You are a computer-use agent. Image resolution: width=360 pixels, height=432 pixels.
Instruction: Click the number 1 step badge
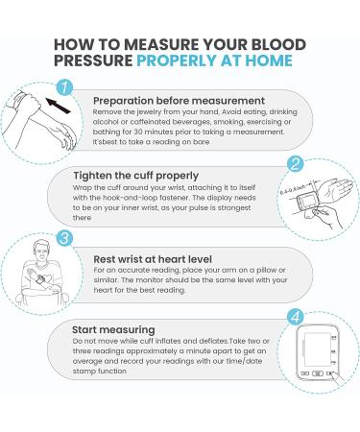pyautogui.click(x=64, y=87)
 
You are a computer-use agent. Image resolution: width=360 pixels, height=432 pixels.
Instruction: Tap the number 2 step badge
pyautogui.click(x=295, y=164)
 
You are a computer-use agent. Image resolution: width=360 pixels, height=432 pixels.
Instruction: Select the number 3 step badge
pyautogui.click(x=64, y=238)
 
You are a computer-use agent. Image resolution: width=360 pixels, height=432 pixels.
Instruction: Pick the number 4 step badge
pyautogui.click(x=295, y=317)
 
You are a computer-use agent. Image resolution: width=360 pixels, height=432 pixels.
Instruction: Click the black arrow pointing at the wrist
pyautogui.click(x=58, y=106)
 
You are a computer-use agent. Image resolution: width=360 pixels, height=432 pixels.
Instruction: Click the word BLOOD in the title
pyautogui.click(x=278, y=44)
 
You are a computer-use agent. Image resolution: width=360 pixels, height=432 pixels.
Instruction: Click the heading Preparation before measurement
pyautogui.click(x=179, y=101)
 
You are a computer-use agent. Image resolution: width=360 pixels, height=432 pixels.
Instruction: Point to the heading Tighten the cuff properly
pyautogui.click(x=136, y=176)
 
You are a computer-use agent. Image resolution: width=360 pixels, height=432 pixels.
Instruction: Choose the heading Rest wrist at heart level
pyautogui.click(x=153, y=259)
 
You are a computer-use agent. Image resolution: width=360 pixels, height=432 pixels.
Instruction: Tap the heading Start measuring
pyautogui.click(x=113, y=330)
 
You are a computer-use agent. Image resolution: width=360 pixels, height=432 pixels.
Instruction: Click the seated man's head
pyautogui.click(x=42, y=251)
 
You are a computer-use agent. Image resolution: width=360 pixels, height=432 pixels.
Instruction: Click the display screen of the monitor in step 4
pyautogui.click(x=317, y=348)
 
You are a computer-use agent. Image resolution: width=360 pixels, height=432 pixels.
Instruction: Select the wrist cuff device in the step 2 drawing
pyautogui.click(x=306, y=202)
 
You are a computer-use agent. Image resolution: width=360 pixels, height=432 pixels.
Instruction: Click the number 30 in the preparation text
pyautogui.click(x=138, y=132)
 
